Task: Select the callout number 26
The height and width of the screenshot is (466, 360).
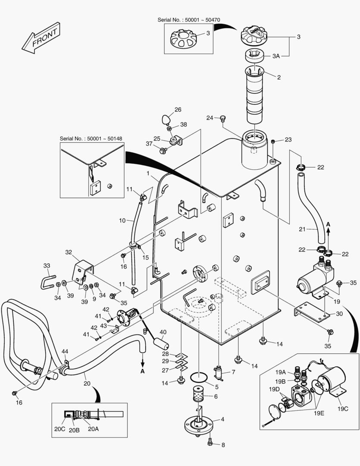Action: click(178, 110)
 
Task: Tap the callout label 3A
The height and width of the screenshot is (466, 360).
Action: click(275, 56)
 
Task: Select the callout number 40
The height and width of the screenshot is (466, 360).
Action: click(163, 332)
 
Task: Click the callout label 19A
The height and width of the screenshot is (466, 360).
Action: click(281, 372)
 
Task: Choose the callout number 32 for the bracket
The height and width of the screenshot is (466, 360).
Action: click(69, 252)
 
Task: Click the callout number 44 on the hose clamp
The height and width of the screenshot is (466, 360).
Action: click(65, 352)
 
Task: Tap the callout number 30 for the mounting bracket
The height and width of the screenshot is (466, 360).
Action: click(339, 314)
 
